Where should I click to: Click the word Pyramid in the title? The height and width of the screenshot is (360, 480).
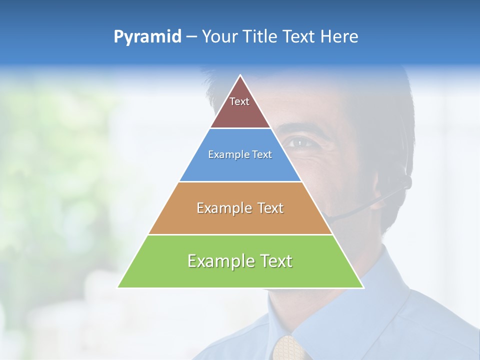point(147,37)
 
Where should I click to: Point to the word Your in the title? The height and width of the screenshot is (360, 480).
point(218,37)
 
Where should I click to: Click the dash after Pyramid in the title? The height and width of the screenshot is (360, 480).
point(191,37)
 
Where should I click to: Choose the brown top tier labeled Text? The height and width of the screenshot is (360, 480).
point(239,107)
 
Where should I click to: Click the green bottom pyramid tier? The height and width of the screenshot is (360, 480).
point(240,267)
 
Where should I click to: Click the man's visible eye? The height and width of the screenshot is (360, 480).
point(298,143)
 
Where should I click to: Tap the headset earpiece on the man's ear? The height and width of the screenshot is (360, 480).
point(407,181)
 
